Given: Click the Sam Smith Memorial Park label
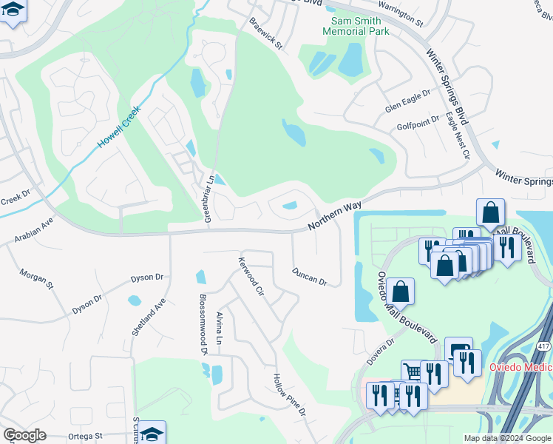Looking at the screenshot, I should (356, 26).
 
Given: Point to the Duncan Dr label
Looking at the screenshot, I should (309, 276).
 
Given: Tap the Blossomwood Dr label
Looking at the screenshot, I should (203, 326).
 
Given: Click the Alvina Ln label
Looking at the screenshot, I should (219, 329).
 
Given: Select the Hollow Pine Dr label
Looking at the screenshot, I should (289, 394).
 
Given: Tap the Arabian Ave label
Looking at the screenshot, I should (33, 229).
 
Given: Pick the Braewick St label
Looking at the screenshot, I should (266, 34).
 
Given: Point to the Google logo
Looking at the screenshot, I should (24, 435).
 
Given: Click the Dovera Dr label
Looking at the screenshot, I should (381, 352).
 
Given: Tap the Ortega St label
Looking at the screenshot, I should (86, 437).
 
